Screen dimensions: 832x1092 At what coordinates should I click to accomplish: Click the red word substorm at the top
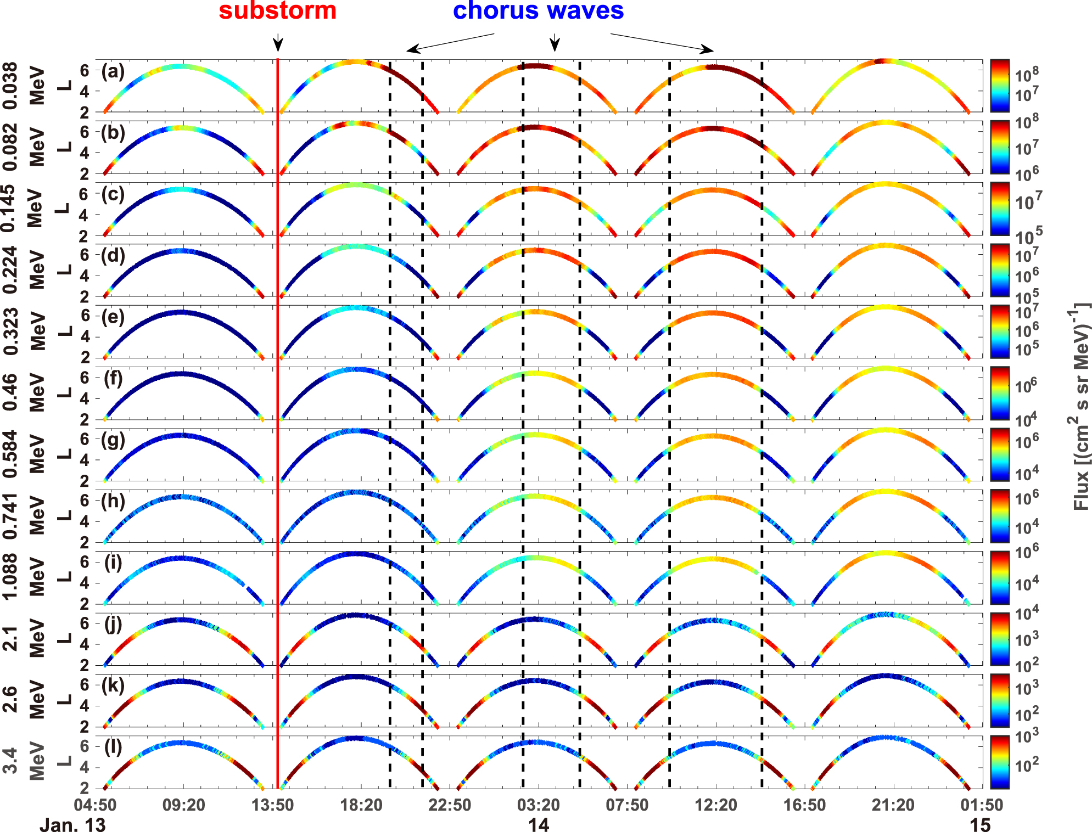[277, 11]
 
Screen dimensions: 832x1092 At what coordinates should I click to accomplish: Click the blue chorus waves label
[538, 11]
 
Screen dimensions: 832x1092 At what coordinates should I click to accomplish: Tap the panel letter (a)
[113, 71]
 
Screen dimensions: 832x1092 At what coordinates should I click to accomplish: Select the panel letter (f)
[113, 379]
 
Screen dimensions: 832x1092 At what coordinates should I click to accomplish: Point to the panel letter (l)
[113, 747]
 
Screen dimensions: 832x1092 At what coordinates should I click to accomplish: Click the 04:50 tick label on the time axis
[96, 805]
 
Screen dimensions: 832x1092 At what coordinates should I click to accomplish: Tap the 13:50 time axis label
[273, 805]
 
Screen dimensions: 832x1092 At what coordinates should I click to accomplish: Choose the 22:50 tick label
[450, 805]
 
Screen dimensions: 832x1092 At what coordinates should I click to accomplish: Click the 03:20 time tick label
[539, 805]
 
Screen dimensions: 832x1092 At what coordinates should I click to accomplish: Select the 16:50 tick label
[804, 805]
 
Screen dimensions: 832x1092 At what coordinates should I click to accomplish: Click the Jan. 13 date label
[72, 824]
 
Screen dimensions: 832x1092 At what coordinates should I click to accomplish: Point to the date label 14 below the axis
[539, 824]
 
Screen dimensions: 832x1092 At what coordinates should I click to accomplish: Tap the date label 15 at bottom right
[980, 824]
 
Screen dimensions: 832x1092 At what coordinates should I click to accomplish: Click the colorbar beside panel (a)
[1000, 86]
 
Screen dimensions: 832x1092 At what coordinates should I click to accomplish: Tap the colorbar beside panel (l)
[1000, 762]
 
